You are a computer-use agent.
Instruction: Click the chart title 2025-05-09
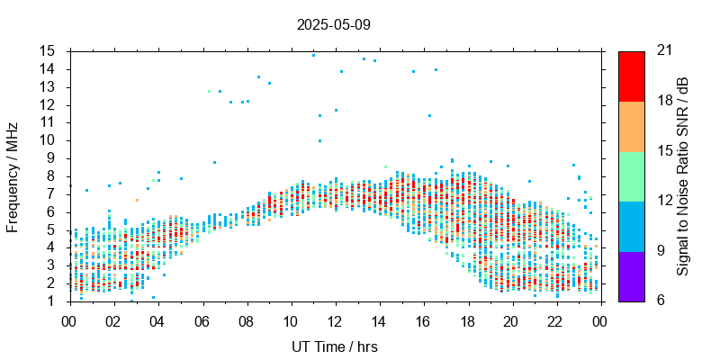(x=333, y=24)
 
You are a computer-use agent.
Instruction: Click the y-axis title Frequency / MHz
(x=13, y=175)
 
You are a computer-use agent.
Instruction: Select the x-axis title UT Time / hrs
(x=334, y=346)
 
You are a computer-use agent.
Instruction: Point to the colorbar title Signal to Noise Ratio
(x=684, y=175)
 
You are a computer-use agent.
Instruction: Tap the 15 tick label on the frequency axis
(x=48, y=50)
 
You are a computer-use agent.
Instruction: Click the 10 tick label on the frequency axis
(x=48, y=139)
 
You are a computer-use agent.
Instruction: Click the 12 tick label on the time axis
(x=335, y=320)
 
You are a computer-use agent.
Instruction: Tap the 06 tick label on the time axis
(x=202, y=320)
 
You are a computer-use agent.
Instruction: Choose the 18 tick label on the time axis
(x=467, y=320)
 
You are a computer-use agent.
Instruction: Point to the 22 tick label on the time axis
(x=556, y=320)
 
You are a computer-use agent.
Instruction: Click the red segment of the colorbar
(x=631, y=76)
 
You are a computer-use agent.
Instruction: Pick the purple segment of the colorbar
(x=631, y=275)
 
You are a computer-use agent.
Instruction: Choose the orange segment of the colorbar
(x=631, y=126)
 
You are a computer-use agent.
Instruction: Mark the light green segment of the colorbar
(x=631, y=175)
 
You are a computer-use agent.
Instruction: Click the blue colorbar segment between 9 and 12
(x=631, y=226)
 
